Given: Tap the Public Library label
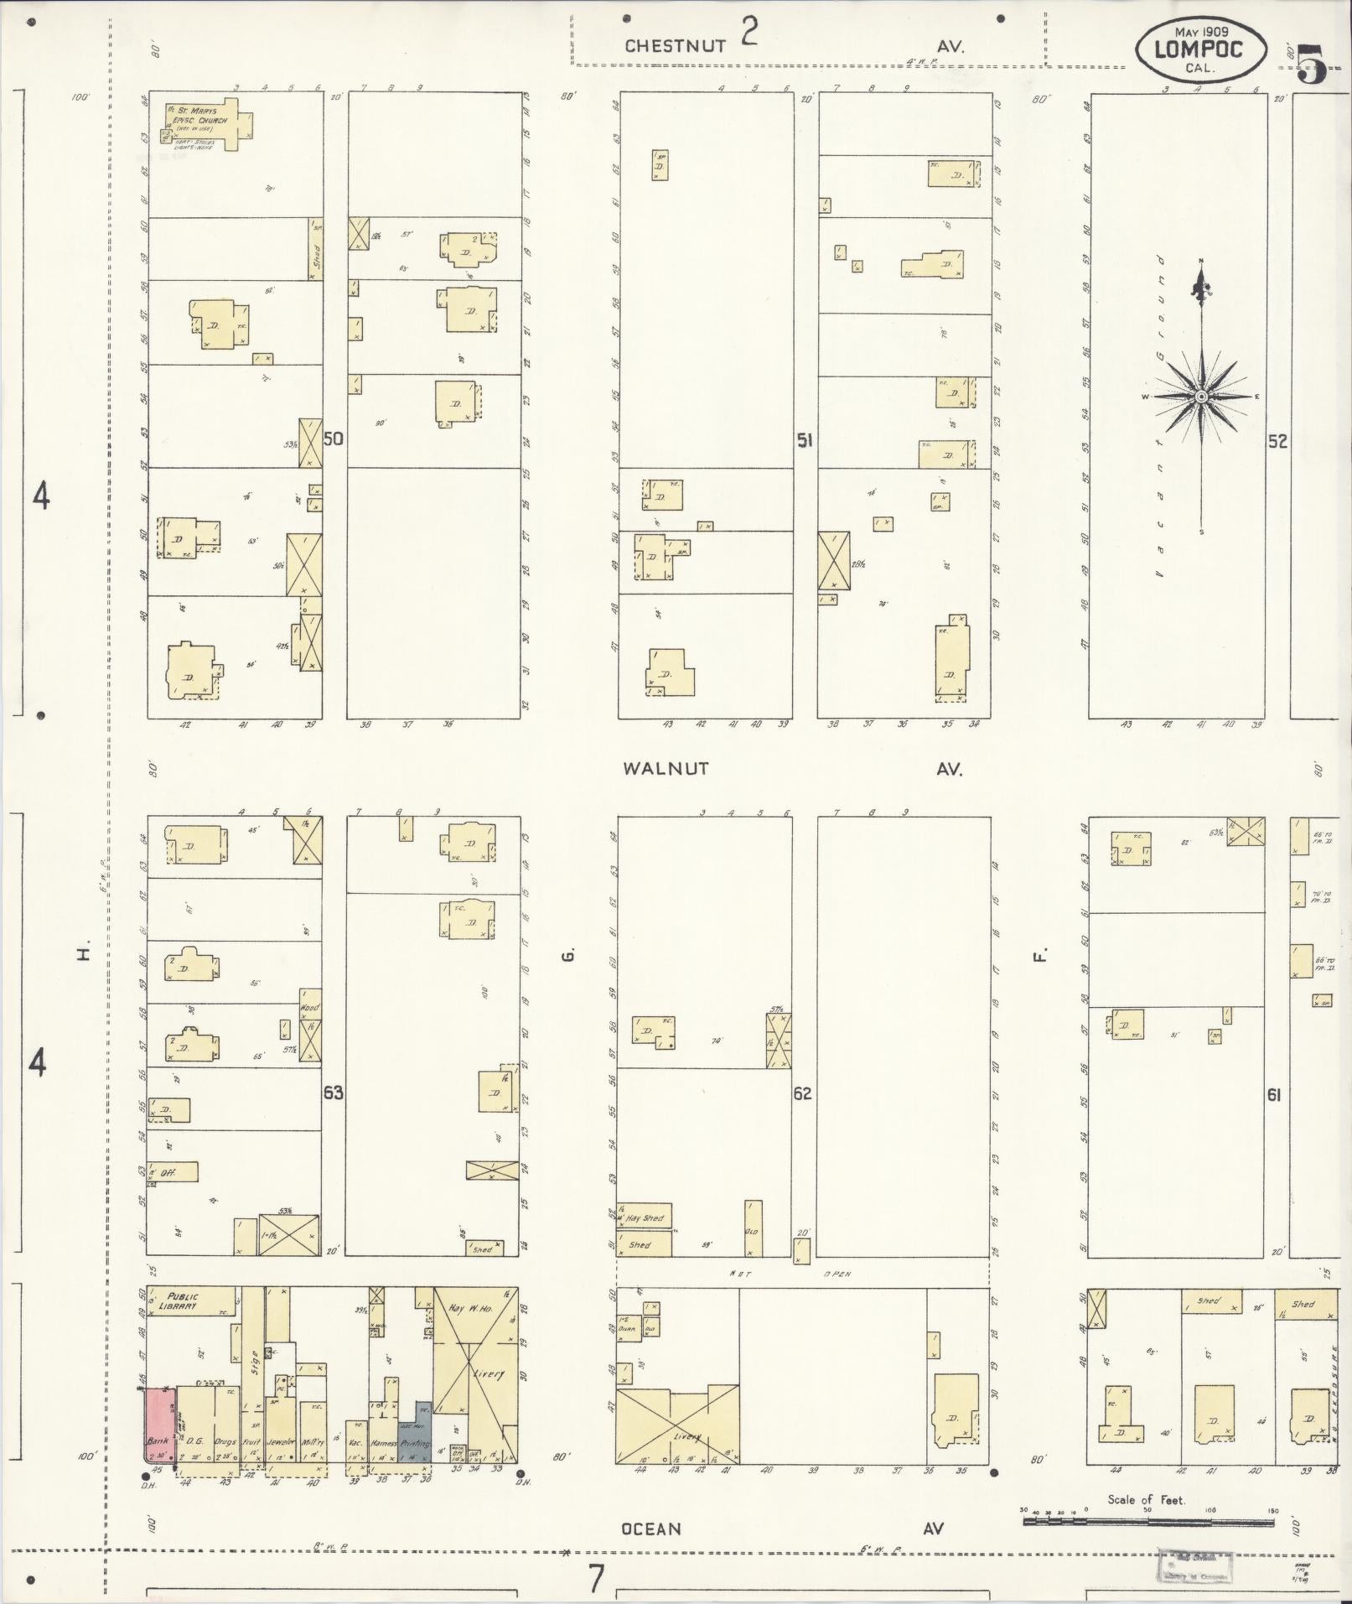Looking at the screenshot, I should tap(183, 1300).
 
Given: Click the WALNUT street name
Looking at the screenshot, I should tap(666, 768).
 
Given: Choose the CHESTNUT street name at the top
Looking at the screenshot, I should tap(675, 47).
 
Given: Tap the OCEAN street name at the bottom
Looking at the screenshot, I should tap(651, 1529).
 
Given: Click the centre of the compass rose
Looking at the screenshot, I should tap(1200, 396).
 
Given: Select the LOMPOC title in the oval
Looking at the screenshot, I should tap(1199, 49).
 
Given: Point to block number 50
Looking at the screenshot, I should tap(334, 439).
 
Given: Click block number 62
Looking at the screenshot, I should tap(803, 1093).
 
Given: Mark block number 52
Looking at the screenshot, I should tap(1277, 441).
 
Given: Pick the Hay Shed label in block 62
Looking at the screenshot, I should tap(645, 1218).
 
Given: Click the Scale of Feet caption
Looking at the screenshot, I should tap(1146, 1500).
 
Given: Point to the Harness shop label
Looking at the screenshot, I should tap(383, 1444).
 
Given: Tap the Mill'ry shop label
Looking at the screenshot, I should tap(313, 1443).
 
